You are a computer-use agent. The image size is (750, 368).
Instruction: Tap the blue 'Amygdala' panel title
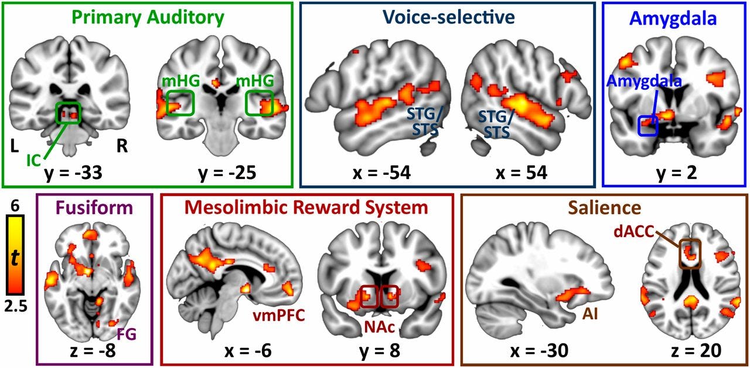click(x=673, y=18)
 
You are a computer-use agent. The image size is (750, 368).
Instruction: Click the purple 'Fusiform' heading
click(x=94, y=207)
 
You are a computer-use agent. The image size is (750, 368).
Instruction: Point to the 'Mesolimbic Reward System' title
click(x=306, y=207)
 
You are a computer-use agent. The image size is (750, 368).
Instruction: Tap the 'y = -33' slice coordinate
click(x=74, y=174)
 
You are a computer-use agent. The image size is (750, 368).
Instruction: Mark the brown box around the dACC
click(x=690, y=254)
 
